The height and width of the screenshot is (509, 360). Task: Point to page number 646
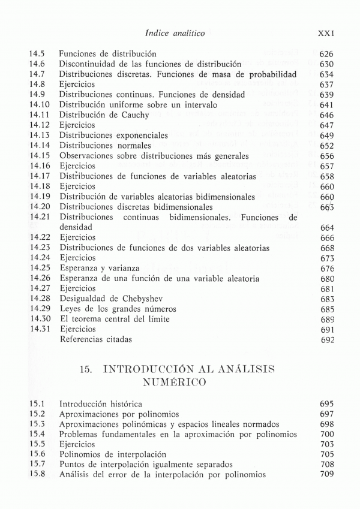[x=326, y=115]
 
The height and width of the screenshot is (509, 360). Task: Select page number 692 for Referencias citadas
[x=326, y=339]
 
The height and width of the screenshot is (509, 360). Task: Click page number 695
[x=326, y=404]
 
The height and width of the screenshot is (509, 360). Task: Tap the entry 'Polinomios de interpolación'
[x=113, y=454]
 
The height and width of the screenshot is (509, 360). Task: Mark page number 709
[x=326, y=475]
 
